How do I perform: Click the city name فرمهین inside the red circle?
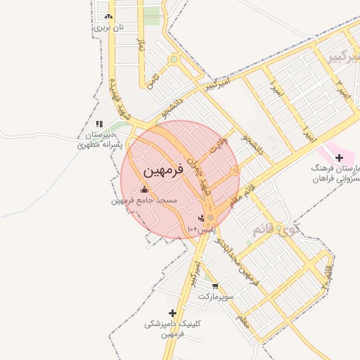pyautogui.click(x=162, y=172)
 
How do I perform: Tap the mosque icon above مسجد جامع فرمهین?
pyautogui.click(x=145, y=189)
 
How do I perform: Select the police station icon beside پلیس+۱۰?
pyautogui.click(x=202, y=218)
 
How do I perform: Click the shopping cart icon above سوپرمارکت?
pyautogui.click(x=214, y=286)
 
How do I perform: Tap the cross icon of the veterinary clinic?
pyautogui.click(x=172, y=313)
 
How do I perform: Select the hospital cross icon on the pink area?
pyautogui.click(x=339, y=157)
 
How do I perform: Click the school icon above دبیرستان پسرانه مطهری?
pyautogui.click(x=99, y=124)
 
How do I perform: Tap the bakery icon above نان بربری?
pyautogui.click(x=108, y=16)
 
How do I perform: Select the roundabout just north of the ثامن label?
pyautogui.click(x=174, y=59)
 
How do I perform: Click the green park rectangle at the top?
pyautogui.click(x=151, y=15)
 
